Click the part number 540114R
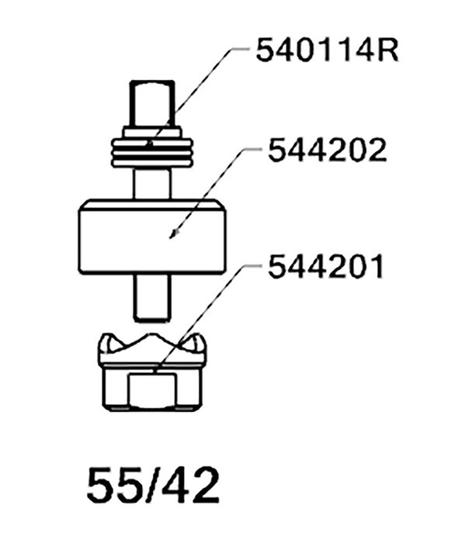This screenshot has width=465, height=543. point(327,50)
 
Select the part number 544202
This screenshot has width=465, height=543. point(327,150)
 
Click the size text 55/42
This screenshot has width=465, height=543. point(153,485)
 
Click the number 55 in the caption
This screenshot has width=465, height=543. point(113,485)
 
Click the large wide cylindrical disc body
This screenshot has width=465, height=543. point(152,237)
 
